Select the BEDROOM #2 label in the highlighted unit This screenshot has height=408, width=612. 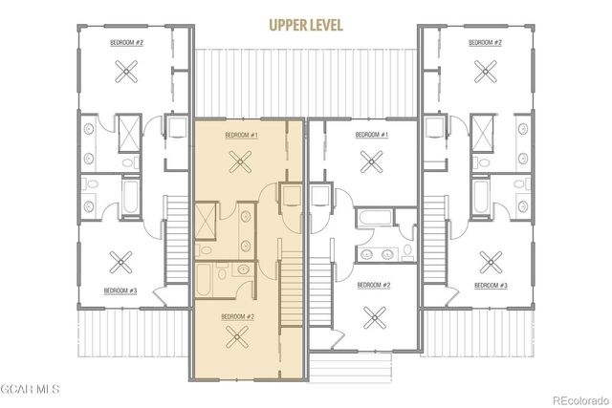(x=237, y=316)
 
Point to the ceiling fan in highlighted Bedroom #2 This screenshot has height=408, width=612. (x=238, y=334)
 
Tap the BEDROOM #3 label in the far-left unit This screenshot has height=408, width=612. (x=122, y=290)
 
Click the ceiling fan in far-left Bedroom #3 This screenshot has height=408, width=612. (x=121, y=260)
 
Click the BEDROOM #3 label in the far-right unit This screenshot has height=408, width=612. (x=489, y=286)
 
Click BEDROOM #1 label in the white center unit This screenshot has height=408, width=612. (x=371, y=136)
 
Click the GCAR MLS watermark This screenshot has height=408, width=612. (x=31, y=390)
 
